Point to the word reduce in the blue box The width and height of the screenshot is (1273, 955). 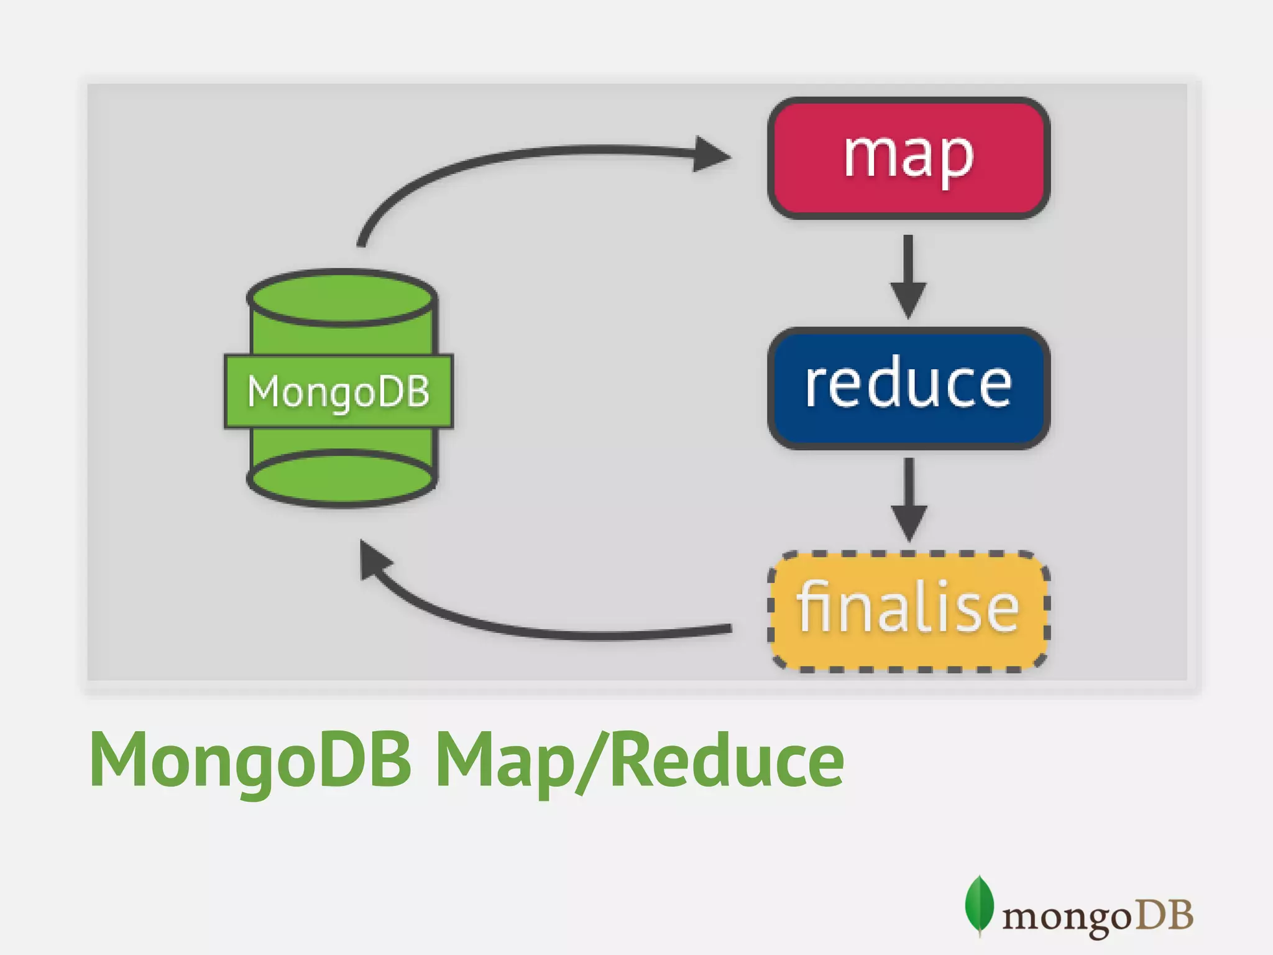point(908,385)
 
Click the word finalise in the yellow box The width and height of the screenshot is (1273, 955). point(908,608)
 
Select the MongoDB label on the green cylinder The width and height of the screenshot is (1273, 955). point(339,392)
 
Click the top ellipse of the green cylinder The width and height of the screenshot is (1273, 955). point(341,298)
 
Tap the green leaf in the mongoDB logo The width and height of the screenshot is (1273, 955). point(978,905)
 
